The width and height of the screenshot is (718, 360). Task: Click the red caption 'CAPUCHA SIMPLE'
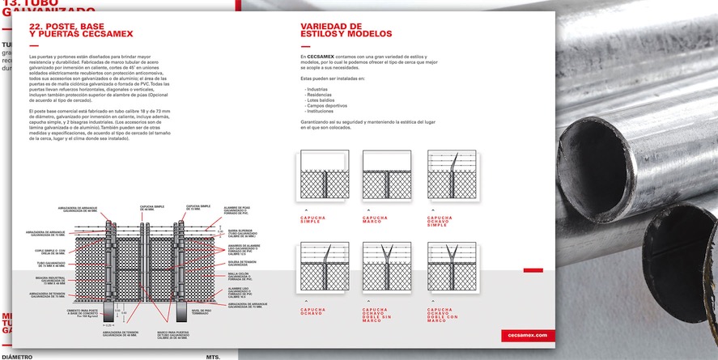[x=312, y=220]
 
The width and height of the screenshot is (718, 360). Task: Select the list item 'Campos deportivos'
[x=326, y=106]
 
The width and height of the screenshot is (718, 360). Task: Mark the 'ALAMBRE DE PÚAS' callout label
[x=239, y=209]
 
